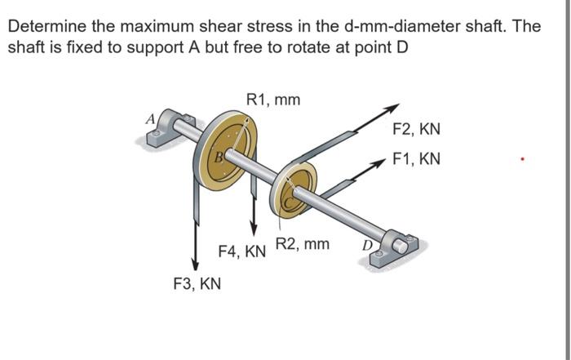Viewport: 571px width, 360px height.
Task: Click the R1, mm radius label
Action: click(272, 100)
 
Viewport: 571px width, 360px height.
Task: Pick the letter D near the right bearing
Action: click(368, 242)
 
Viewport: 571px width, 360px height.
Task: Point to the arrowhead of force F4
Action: click(255, 228)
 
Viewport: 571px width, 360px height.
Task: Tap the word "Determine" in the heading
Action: click(42, 26)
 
